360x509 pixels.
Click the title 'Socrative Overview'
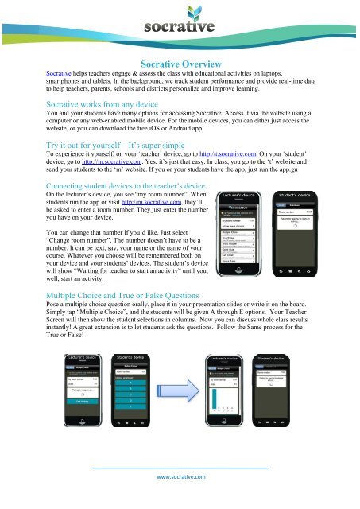tap(180, 70)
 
